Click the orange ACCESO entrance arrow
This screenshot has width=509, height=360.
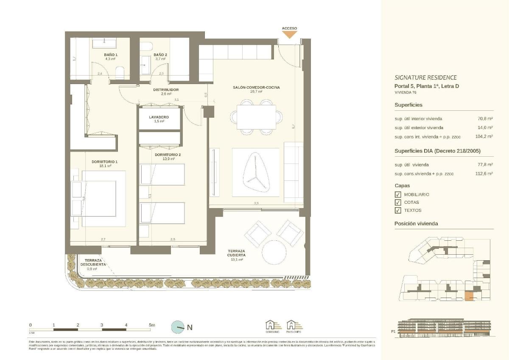tap(289, 34)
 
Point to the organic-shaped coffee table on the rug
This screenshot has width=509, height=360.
tap(256, 172)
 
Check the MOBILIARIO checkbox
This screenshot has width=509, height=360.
tap(398, 194)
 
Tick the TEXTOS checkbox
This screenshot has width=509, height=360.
tap(398, 210)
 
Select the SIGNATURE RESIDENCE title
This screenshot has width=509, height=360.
tap(425, 77)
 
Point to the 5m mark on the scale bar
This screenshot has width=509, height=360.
tap(152, 325)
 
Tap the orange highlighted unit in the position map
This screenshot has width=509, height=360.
tap(469, 296)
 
